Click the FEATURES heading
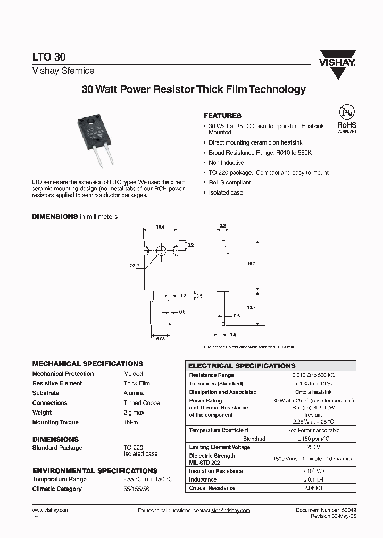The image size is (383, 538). point(222,115)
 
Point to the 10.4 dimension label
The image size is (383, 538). point(160,227)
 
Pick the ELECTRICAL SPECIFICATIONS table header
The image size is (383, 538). point(242,366)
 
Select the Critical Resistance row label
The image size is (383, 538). point(212,488)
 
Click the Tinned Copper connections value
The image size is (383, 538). point(143,403)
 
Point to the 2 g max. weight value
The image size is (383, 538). point(135,413)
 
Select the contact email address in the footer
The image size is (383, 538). point(230,510)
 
